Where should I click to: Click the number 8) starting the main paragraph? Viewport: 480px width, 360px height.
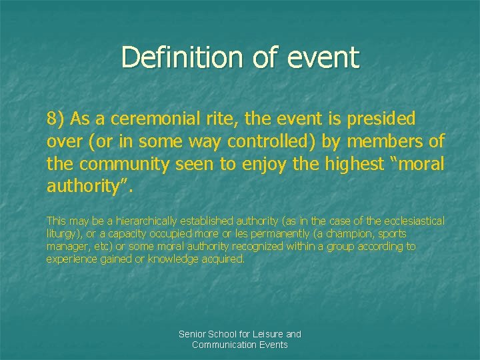56,119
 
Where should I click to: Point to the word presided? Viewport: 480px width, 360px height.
382,119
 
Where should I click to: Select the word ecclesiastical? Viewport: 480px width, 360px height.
411,221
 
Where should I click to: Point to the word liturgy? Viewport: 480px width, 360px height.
61,234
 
